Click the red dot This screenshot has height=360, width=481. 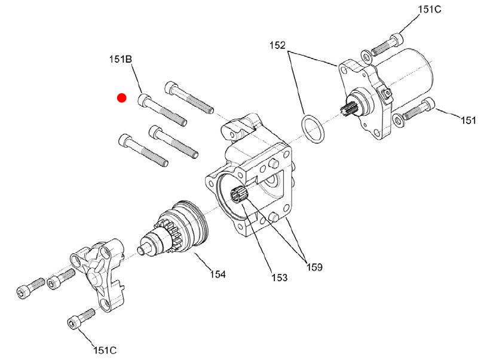coord(122,98)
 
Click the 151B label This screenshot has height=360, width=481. coord(121,59)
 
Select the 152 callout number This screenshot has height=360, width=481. coord(277,45)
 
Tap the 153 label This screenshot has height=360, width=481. coord(279,277)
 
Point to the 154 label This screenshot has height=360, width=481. coord(218,274)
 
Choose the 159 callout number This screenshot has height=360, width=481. coord(314,267)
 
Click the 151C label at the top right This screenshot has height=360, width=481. coord(430,10)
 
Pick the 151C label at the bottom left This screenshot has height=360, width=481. coord(105,350)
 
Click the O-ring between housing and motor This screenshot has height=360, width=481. coord(313,129)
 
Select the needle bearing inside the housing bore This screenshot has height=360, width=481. coord(239,195)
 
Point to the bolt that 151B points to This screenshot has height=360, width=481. coord(163,110)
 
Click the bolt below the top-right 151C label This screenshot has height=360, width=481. coord(387,45)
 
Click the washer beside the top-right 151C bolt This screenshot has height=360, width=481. coord(366,56)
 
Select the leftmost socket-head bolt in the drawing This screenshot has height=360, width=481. coord(30,288)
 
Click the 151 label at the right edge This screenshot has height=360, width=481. coord(468,121)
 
